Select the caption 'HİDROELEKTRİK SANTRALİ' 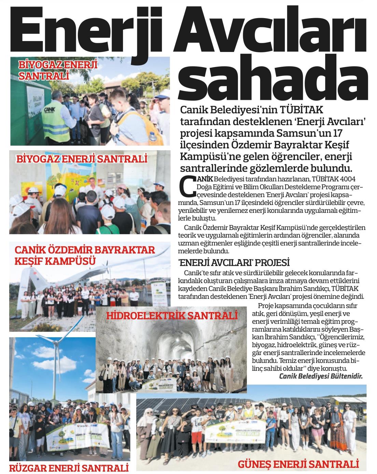click(x=172, y=315)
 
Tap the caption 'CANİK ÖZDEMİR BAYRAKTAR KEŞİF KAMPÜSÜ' click(x=85, y=255)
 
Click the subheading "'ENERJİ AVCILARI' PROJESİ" click(x=234, y=263)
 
